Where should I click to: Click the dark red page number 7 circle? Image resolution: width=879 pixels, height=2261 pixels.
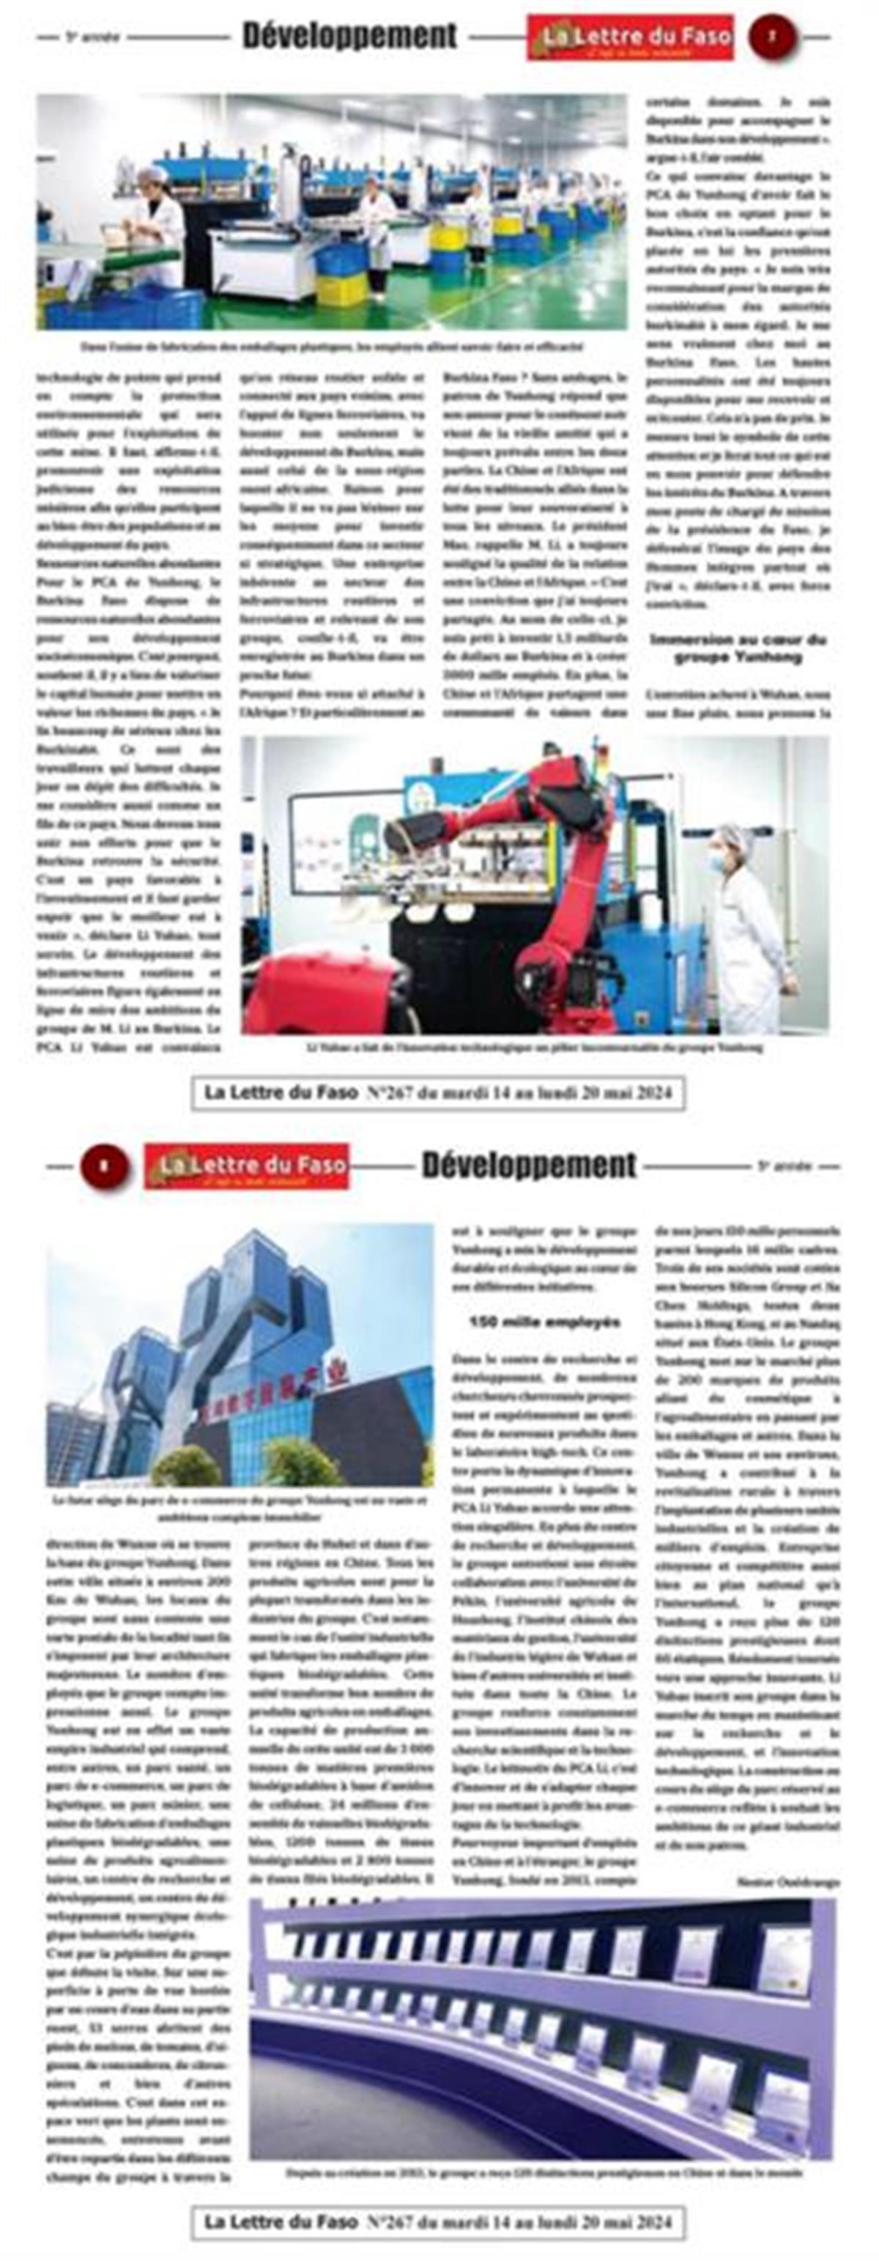coord(772,37)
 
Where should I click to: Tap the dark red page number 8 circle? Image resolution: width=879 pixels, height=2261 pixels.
coord(105,1166)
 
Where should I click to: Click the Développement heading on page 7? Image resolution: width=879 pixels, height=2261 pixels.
coord(349,36)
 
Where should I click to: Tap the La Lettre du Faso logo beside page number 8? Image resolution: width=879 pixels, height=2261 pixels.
coord(247,1166)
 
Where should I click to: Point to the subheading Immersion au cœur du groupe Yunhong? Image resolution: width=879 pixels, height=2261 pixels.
coord(738,648)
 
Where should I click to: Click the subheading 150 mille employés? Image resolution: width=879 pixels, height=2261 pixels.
coord(544,1322)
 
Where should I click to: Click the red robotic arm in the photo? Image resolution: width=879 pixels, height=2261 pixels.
coord(561,843)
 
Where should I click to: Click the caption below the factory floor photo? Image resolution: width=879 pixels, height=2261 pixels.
coord(332,347)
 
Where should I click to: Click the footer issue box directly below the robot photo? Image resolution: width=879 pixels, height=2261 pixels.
coord(438,1094)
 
